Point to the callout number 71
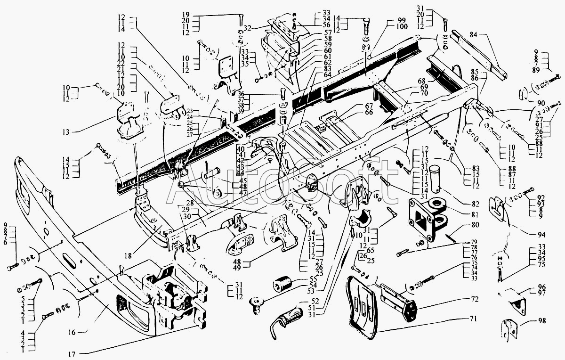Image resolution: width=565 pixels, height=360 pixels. pos(474,319)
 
